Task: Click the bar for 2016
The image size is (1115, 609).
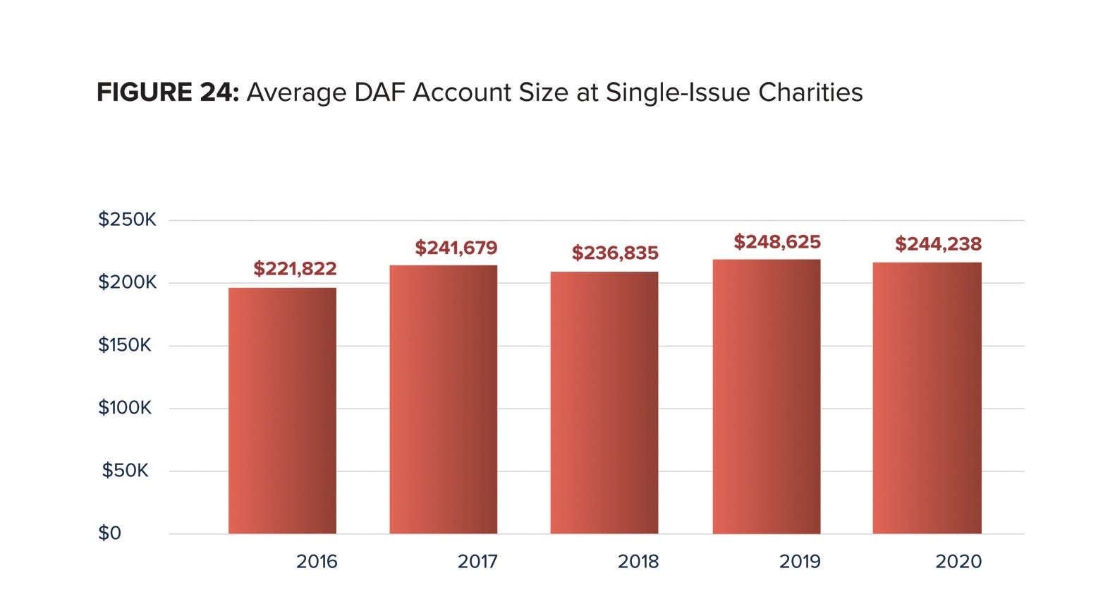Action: click(282, 410)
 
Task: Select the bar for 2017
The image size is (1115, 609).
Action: click(443, 399)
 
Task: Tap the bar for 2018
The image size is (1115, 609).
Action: click(604, 402)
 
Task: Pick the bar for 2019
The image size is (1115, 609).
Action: click(766, 396)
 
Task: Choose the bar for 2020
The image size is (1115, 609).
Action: click(927, 397)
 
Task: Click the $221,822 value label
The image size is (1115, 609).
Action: click(295, 269)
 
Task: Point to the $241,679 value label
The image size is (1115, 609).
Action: click(456, 248)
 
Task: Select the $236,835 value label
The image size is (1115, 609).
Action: click(615, 253)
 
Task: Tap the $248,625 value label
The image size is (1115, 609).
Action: click(777, 242)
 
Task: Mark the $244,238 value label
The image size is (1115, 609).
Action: click(938, 244)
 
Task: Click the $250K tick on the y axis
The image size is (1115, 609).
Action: click(127, 219)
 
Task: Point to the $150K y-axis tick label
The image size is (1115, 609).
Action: click(125, 345)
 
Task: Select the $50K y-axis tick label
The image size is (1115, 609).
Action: click(125, 471)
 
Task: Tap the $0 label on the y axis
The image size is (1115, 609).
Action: click(110, 533)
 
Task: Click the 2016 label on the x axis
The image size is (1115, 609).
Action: click(317, 562)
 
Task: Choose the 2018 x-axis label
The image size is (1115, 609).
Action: click(638, 562)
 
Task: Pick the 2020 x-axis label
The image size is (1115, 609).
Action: click(958, 562)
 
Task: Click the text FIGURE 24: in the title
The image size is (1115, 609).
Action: click(168, 92)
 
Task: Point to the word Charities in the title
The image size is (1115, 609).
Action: click(810, 92)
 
